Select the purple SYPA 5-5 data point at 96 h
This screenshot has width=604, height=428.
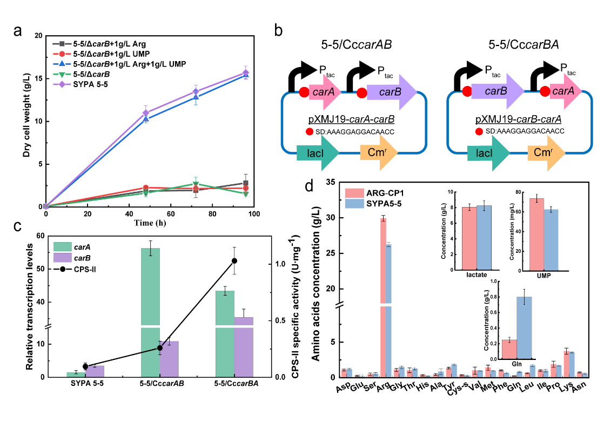click(246, 72)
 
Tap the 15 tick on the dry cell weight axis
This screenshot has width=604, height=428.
click(37, 78)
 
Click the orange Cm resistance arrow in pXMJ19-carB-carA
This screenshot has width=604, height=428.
click(546, 155)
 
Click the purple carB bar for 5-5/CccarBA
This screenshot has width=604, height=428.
click(244, 346)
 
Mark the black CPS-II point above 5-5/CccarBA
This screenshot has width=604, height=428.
click(234, 260)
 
